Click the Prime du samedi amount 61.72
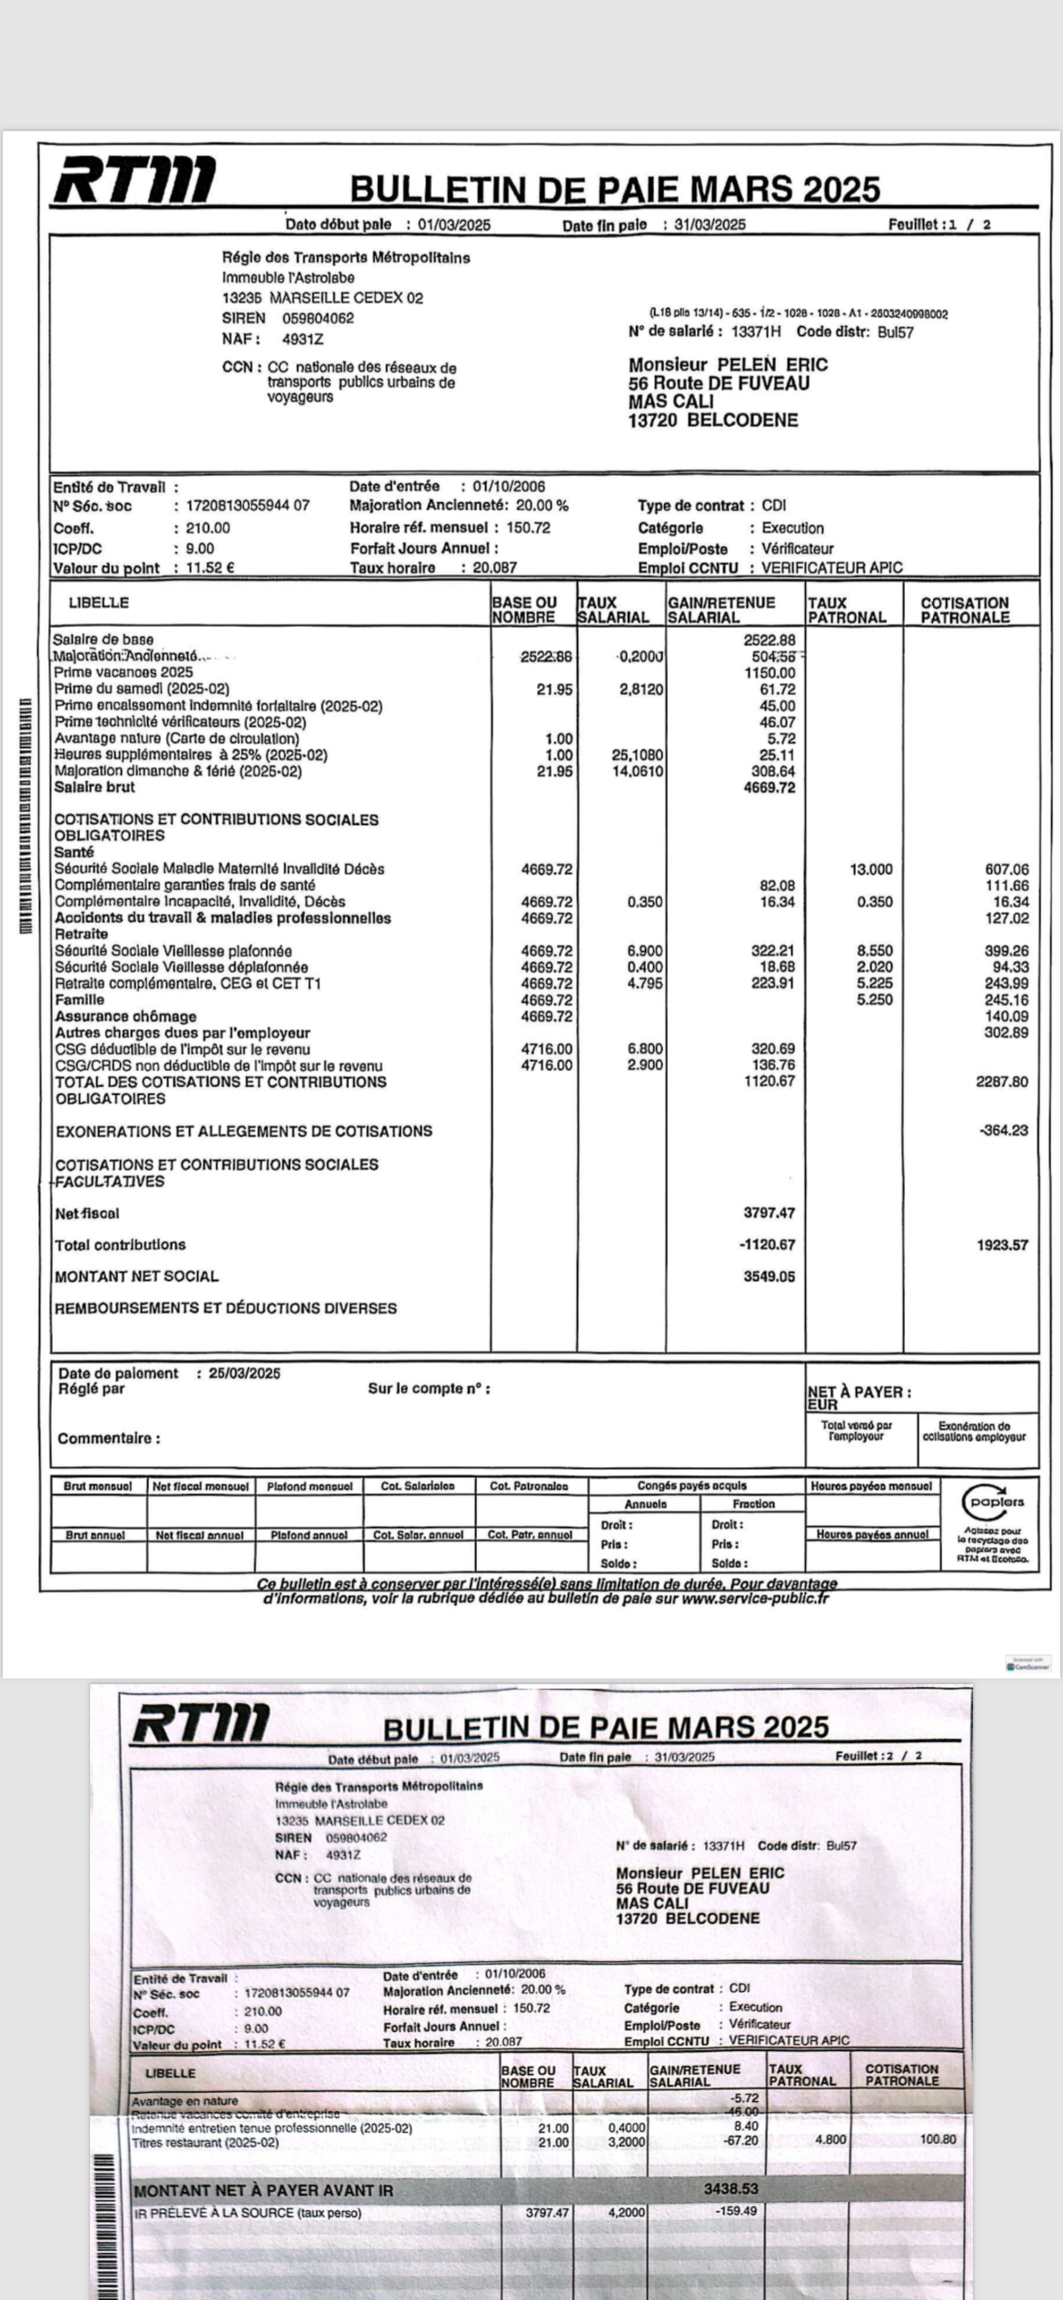coord(777,689)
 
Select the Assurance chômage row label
coord(125,1016)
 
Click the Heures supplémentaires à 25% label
coord(190,755)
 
